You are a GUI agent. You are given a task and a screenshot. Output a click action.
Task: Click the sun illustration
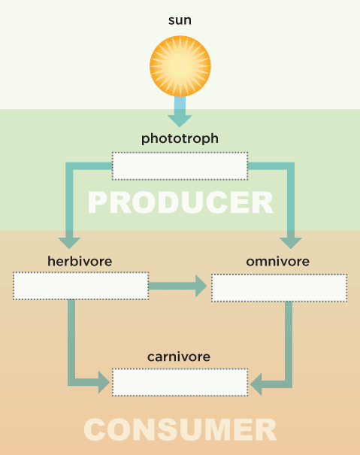[x=180, y=66]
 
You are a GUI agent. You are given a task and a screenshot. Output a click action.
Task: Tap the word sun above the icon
[x=180, y=20]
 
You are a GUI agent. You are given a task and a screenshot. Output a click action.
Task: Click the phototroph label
[x=180, y=138]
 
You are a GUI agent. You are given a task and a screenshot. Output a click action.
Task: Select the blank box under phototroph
[x=180, y=166]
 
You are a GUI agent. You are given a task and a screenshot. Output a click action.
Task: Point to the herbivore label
[x=80, y=261]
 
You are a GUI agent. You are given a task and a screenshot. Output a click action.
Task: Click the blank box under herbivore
[x=81, y=286]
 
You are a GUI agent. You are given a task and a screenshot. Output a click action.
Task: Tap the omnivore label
[x=277, y=262]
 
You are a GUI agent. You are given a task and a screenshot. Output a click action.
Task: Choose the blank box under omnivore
[x=279, y=288]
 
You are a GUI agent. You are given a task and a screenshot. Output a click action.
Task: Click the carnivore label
[x=179, y=357]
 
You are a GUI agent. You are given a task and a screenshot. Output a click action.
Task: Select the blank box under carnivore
[x=180, y=382]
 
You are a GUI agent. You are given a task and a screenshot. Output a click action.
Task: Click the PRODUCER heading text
[x=180, y=202]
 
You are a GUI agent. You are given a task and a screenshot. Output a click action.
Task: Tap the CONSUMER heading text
[x=180, y=429]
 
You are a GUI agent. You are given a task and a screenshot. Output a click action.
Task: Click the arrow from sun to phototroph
[x=180, y=112]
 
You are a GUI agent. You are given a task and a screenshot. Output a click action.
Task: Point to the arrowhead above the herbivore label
[x=69, y=243]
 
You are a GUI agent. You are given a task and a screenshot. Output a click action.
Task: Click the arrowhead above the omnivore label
[x=291, y=243]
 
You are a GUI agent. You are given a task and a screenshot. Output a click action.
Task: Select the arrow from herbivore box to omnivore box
[x=177, y=286]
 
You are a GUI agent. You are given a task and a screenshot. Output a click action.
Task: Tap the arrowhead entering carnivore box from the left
[x=104, y=382]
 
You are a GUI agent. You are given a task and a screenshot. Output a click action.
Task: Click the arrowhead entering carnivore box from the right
[x=256, y=384]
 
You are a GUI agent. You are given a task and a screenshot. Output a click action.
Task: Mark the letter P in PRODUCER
[x=97, y=202]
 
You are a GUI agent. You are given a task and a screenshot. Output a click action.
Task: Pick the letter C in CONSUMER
[x=95, y=429]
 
